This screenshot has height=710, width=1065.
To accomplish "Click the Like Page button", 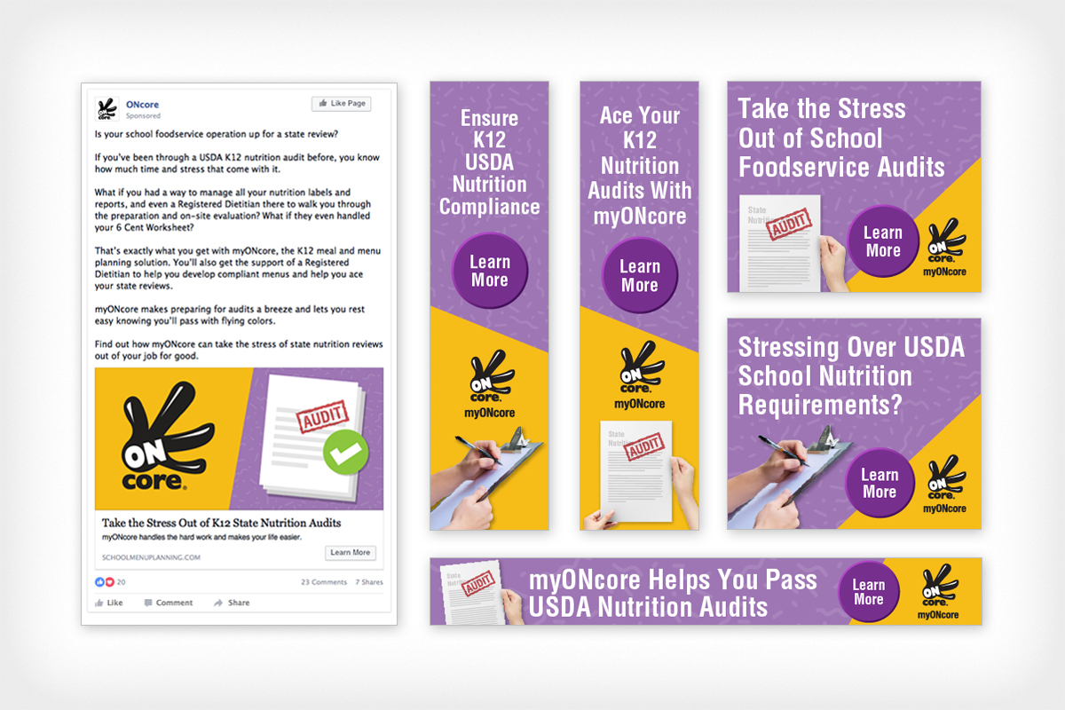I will (341, 104).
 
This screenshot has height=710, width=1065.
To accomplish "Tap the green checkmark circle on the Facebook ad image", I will (345, 453).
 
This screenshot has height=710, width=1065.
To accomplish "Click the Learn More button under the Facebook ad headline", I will (350, 553).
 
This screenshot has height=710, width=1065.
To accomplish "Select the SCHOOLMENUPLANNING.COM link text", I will (152, 557).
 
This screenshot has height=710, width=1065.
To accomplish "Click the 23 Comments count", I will (324, 582).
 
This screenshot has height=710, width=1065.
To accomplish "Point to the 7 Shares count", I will (369, 582).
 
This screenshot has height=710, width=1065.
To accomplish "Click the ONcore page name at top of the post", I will (142, 105).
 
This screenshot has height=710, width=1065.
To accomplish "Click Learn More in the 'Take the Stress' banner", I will (883, 241).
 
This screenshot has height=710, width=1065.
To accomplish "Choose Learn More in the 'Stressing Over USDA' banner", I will (880, 483).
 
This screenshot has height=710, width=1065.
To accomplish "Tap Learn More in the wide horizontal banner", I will (869, 591).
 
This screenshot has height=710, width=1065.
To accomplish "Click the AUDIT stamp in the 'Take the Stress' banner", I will (789, 225).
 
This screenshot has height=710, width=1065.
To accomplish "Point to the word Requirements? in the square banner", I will (820, 405).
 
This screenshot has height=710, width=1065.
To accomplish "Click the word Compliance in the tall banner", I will (489, 207).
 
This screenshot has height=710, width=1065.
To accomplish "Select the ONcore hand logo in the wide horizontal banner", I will (938, 587).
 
